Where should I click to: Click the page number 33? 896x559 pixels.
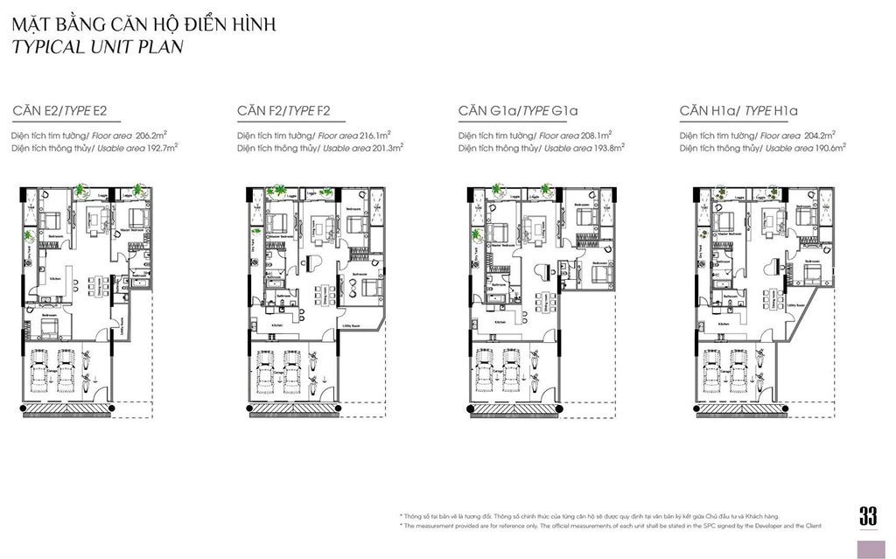867,516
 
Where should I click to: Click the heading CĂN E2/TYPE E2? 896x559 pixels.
59,111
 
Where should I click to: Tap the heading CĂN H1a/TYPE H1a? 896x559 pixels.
738,111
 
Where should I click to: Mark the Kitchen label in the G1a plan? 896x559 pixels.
500,323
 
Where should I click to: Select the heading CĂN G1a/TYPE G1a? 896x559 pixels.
518,111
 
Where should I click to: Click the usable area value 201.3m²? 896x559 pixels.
384,149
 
